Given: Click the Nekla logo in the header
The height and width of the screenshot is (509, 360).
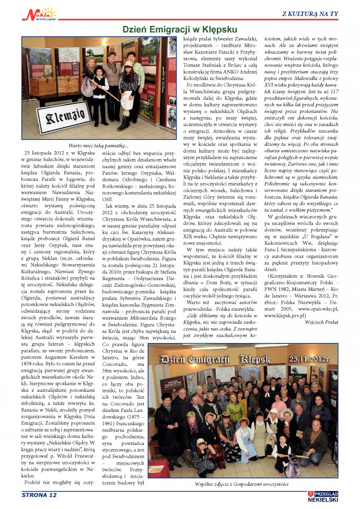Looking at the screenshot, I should click(39, 14).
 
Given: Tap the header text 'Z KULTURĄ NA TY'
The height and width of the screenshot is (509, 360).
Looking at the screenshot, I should click(317, 13).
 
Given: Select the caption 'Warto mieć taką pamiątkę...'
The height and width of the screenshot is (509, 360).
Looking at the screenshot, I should click(99, 146).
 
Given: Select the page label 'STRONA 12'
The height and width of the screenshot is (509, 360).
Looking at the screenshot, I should click(39, 495).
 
